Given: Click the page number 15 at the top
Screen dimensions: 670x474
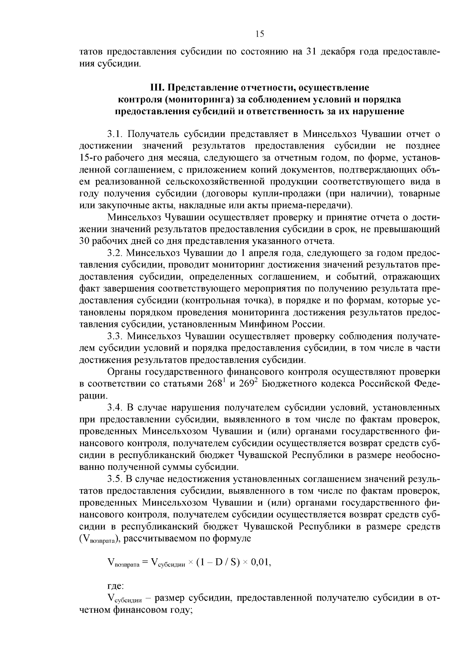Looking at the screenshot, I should coord(260,34).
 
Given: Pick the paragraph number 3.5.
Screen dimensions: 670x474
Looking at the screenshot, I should coord(115,479).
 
